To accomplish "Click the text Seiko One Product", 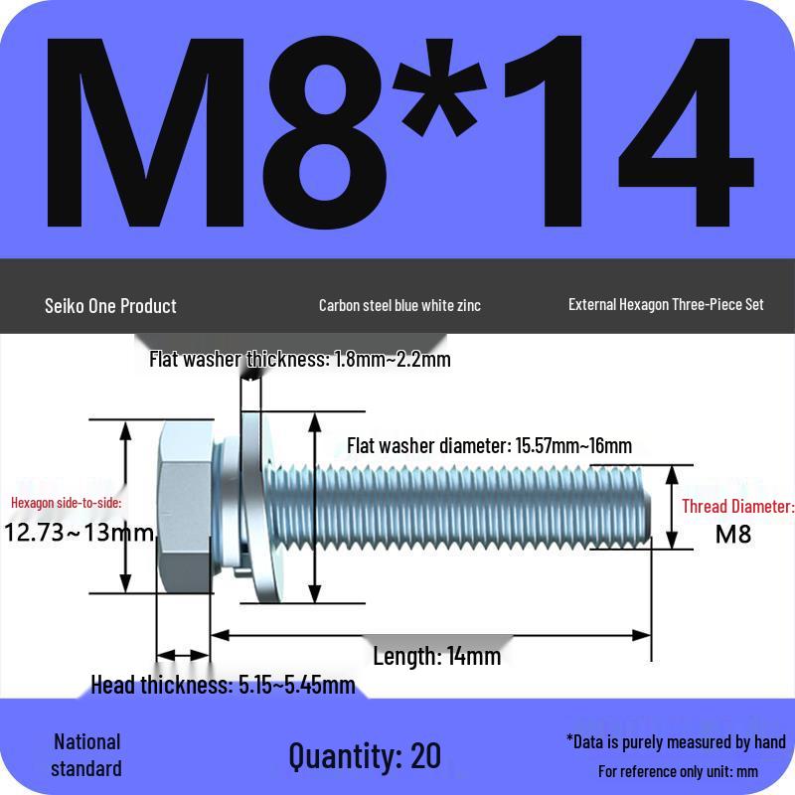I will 110,305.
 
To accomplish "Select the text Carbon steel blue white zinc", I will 399,305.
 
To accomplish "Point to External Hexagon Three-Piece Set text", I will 666,304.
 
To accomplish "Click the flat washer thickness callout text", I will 299,360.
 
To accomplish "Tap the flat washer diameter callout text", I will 489,445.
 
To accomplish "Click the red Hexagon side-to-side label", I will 67,503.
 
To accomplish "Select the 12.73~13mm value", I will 79,533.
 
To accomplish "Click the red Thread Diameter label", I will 737,507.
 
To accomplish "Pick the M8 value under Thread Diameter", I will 733,534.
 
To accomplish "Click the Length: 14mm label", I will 436,656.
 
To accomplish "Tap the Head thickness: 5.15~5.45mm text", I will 223,685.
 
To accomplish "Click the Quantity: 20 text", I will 365,755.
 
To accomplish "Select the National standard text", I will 86,755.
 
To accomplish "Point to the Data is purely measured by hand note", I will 676,741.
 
